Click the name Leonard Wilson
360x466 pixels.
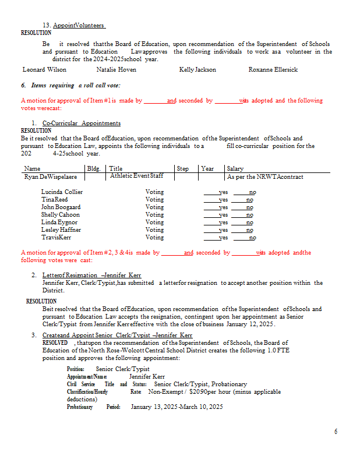pyautogui.click(x=44, y=70)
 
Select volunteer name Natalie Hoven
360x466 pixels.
pyautogui.click(x=117, y=70)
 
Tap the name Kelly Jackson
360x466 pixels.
pyautogui.click(x=197, y=70)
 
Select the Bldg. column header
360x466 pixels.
pyautogui.click(x=93, y=169)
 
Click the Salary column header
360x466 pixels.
pyautogui.click(x=235, y=169)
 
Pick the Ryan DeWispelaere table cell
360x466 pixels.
pyautogui.click(x=51, y=176)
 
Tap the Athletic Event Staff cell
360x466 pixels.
pyautogui.click(x=137, y=176)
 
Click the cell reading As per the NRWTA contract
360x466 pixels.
pyautogui.click(x=265, y=176)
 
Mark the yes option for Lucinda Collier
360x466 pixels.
pyautogui.click(x=223, y=192)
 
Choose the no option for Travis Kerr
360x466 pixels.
pyautogui.click(x=252, y=238)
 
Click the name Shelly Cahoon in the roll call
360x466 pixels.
pyautogui.click(x=61, y=215)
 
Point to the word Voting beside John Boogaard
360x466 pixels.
pyautogui.click(x=154, y=207)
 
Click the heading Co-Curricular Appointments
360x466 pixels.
pyautogui.click(x=82, y=123)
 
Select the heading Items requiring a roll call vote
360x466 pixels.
pyautogui.click(x=70, y=86)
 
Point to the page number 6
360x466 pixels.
pyautogui.click(x=336, y=432)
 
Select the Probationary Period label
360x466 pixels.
pyautogui.click(x=93, y=407)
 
